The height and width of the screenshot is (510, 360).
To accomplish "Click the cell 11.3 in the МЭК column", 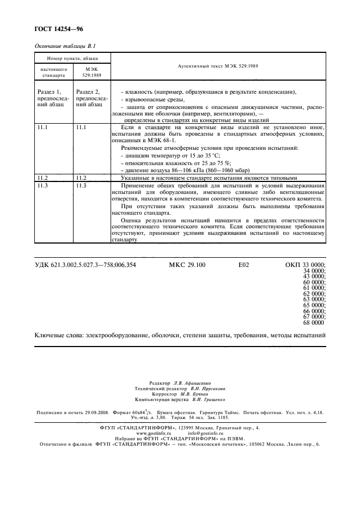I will tap(82, 186).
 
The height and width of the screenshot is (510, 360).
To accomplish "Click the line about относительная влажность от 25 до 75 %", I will tap(174, 163).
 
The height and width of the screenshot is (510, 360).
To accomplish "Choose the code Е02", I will tap(243, 265).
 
